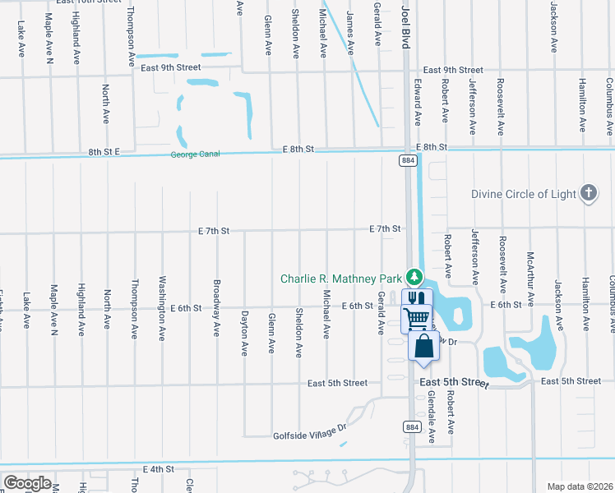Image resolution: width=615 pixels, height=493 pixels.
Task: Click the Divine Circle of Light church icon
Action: pyautogui.click(x=588, y=194)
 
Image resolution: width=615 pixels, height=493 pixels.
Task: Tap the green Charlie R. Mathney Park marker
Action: pyautogui.click(x=416, y=278)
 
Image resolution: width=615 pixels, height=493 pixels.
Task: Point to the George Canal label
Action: pyautogui.click(x=197, y=154)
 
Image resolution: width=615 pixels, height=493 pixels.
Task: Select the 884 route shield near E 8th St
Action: pyautogui.click(x=409, y=161)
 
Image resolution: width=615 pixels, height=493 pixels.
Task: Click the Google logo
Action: pyautogui.click(x=27, y=482)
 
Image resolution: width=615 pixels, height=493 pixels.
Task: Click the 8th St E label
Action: pyautogui.click(x=104, y=152)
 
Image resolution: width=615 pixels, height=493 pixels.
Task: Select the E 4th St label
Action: pyautogui.click(x=159, y=469)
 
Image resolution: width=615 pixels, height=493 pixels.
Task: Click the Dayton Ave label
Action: pyautogui.click(x=244, y=332)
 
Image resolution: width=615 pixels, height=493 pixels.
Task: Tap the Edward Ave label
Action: pyautogui.click(x=418, y=102)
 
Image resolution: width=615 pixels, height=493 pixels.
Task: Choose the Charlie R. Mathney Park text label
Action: pyautogui.click(x=340, y=279)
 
